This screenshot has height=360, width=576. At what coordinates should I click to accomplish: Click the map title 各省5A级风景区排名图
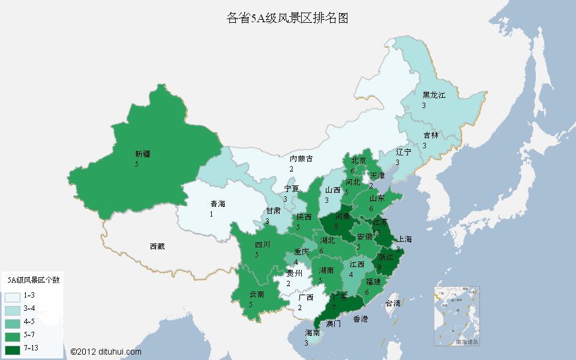tap(287, 18)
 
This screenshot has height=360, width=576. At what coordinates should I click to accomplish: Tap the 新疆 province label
tap(143, 154)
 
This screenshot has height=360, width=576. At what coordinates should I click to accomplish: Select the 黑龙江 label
tap(434, 95)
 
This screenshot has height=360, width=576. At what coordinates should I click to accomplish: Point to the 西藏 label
tap(157, 246)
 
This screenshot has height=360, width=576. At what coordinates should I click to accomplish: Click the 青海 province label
tap(217, 204)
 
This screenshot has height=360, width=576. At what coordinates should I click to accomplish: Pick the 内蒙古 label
tap(301, 159)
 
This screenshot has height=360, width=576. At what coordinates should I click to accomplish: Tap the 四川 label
tap(262, 245)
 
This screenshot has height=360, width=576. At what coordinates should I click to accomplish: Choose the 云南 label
tap(257, 295)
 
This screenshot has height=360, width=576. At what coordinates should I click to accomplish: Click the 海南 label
tap(312, 333)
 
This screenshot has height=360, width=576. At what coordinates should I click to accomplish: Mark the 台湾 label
tap(392, 303)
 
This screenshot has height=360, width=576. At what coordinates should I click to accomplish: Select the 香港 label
tap(360, 319)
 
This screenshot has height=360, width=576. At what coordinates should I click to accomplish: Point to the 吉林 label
tap(430, 136)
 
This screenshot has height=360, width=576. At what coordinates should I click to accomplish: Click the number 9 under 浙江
tap(379, 267)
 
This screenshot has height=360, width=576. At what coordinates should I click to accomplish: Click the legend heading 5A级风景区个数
tap(32, 280)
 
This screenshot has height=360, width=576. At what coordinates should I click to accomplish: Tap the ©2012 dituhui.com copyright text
tap(106, 352)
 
